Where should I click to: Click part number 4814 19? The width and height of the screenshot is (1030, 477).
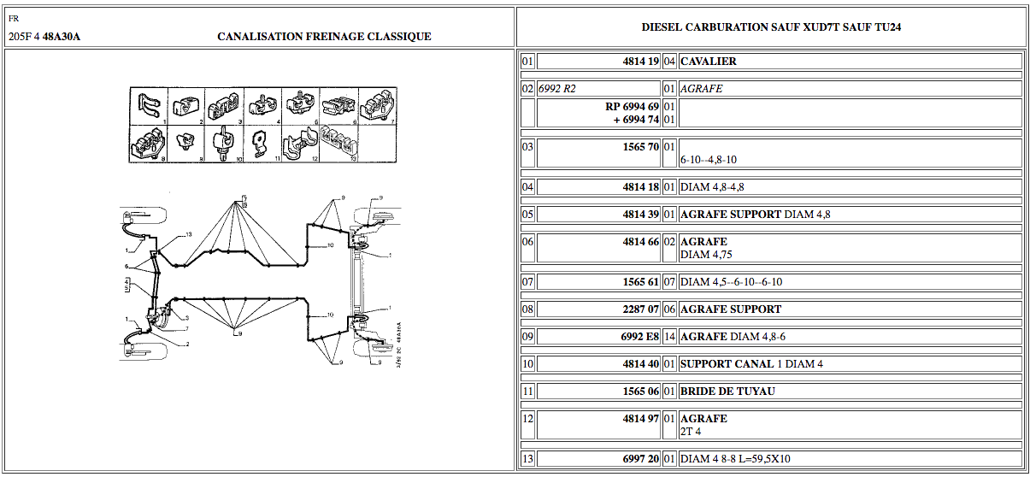640,62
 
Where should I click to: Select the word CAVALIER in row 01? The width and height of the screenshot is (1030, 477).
709,62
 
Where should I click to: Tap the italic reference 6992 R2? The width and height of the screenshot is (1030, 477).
557,89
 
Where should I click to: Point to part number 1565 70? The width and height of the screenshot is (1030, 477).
640,147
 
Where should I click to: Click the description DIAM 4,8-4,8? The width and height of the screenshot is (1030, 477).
706,187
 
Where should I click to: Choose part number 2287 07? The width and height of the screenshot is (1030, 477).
640,309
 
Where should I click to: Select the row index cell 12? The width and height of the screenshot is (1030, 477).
527,419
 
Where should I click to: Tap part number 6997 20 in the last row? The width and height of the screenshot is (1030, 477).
640,460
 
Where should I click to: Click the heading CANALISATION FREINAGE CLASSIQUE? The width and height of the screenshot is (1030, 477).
324,37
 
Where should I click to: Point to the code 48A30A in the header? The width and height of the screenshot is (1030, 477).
62,37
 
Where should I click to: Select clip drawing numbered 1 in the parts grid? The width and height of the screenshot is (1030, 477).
149,107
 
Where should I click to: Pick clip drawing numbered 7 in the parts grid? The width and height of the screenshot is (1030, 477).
378,107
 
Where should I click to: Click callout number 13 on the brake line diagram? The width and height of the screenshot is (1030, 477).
188,234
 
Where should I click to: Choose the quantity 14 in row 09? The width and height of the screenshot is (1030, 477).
669,337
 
